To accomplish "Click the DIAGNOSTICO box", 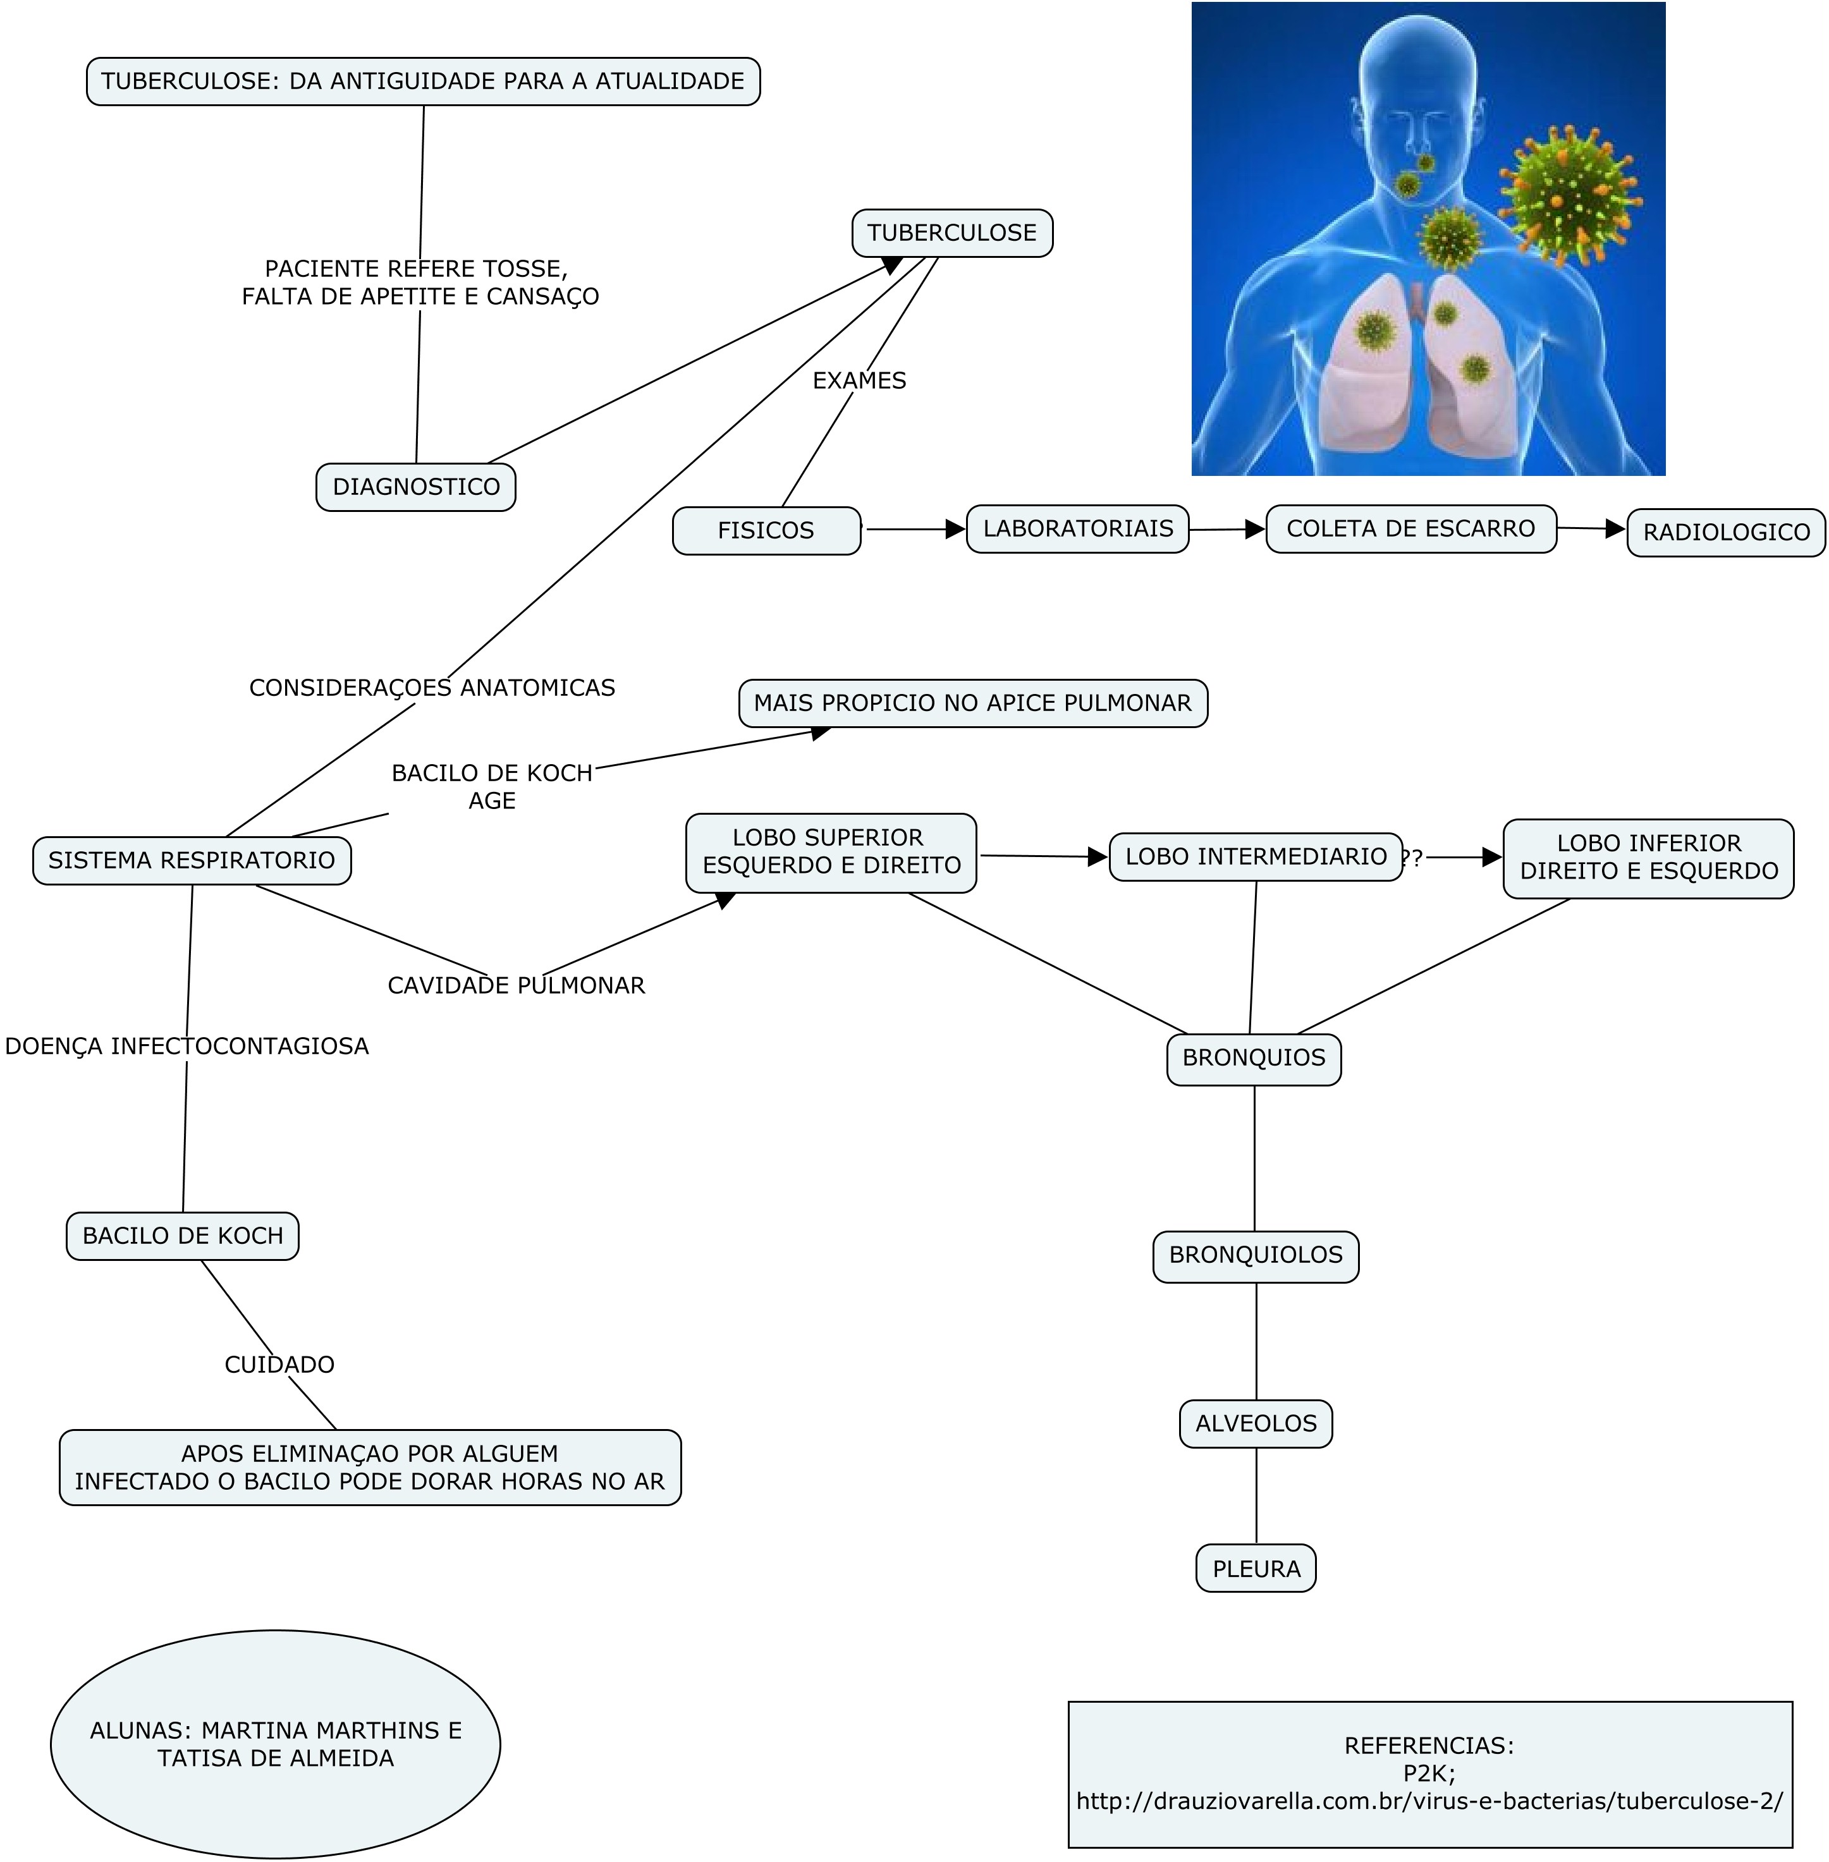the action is (416, 487).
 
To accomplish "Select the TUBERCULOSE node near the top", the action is (952, 233).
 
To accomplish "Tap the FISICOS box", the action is (767, 531).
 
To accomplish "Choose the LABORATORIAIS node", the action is (1078, 529).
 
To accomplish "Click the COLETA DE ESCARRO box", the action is (1411, 529).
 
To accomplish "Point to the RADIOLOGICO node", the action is (1726, 533).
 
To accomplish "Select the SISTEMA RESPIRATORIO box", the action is (192, 860).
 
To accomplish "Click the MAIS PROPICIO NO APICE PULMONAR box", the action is (973, 703).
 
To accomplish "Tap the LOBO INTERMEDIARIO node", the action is (1256, 856).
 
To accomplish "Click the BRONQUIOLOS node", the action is (1256, 1256).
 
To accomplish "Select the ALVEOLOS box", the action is (1256, 1424).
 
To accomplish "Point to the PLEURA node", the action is (1256, 1569).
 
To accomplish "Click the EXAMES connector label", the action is (860, 381).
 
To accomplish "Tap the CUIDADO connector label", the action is (279, 1365).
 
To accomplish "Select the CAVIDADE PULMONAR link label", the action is (516, 986).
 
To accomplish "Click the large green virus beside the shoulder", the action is (1569, 195).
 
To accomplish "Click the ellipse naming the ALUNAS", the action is (276, 1744).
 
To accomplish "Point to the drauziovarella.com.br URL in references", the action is (1429, 1801).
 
